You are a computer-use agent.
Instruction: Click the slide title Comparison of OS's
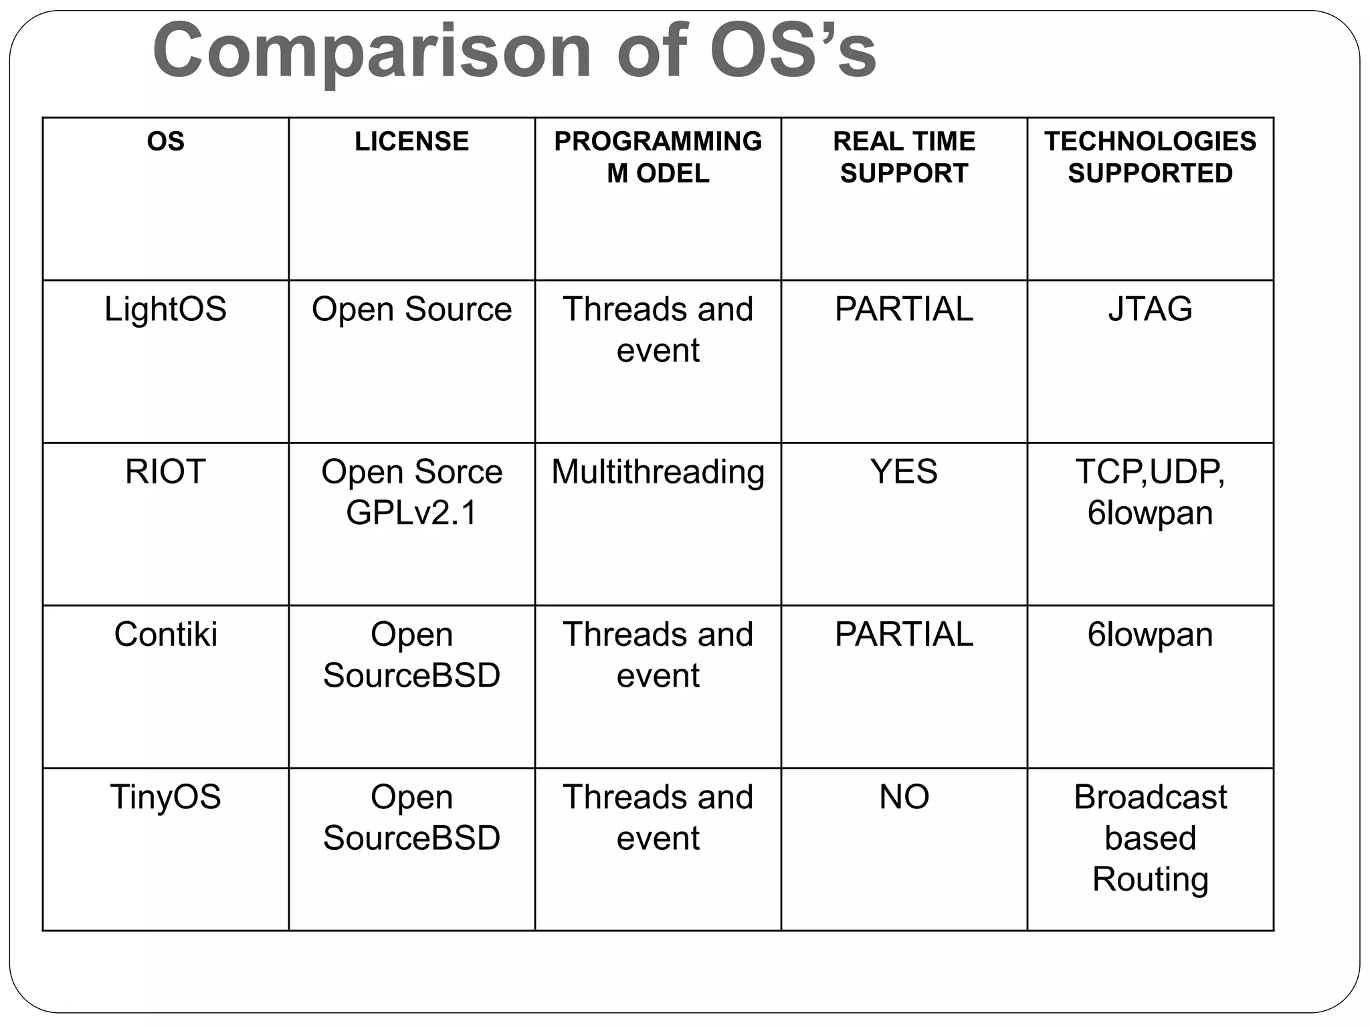tap(514, 52)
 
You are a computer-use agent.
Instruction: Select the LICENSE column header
tap(411, 142)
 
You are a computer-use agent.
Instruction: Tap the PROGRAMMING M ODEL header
tap(658, 157)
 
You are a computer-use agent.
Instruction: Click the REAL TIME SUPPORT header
tap(904, 157)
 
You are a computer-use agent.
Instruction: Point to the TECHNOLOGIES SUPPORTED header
tap(1150, 157)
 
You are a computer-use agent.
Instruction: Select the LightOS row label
tap(165, 310)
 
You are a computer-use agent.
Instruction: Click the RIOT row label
tap(165, 472)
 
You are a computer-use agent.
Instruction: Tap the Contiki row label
tap(165, 635)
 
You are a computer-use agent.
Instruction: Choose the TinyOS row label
tap(165, 797)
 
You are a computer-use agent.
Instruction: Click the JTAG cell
tap(1150, 310)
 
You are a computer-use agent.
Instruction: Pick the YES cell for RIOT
tap(904, 472)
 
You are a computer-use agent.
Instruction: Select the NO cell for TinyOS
tap(904, 797)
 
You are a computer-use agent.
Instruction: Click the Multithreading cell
tap(658, 472)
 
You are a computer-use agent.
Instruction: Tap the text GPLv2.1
tap(411, 513)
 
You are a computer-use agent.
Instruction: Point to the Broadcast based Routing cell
tap(1150, 838)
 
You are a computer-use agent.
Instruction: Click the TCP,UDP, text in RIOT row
tap(1150, 472)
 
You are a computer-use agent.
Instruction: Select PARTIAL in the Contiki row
tap(904, 635)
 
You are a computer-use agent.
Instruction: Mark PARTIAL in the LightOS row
tap(904, 310)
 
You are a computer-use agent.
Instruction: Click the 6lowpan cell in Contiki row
tap(1150, 635)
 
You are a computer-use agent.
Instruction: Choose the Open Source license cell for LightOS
tap(411, 310)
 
